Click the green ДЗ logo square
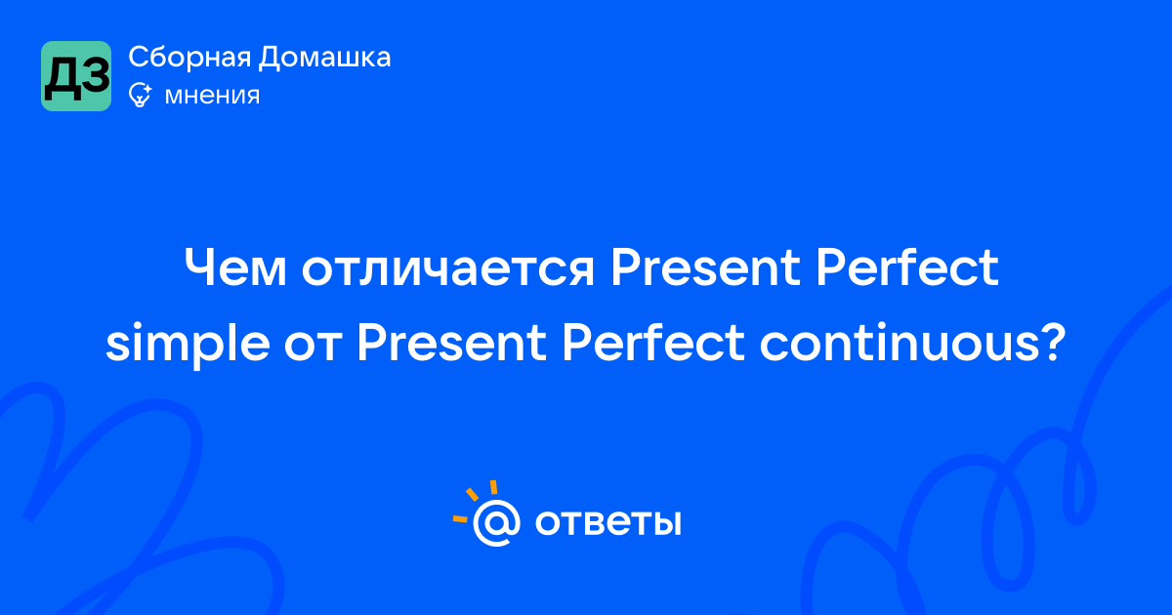76,76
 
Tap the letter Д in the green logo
62,79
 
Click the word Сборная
189,58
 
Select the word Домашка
325,58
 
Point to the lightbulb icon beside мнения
140,95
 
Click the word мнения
213,96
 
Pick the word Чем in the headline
235,267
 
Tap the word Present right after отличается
705,267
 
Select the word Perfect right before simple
907,266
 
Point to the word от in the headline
313,348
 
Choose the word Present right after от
451,344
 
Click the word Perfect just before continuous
653,343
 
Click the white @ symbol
497,523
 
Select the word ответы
607,522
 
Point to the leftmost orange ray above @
460,519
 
